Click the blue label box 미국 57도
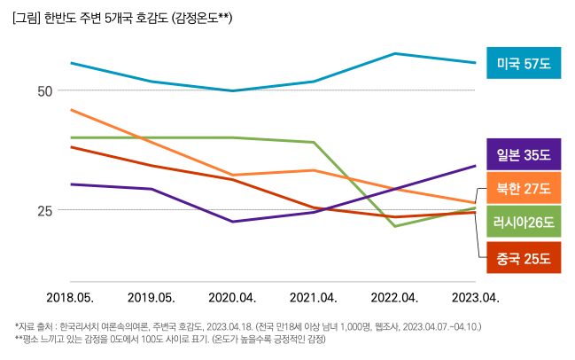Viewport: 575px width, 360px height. point(524,64)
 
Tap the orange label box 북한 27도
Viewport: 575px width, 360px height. point(524,189)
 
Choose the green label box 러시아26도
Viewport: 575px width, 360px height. point(524,223)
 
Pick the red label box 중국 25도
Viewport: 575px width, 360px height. point(524,259)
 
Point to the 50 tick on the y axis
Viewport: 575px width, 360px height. point(45,90)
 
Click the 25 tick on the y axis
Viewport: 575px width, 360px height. point(45,210)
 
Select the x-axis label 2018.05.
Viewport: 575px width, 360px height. point(70,297)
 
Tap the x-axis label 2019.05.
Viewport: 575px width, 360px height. point(152,297)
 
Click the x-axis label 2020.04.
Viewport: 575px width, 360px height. point(232,297)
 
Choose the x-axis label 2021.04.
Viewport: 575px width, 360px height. point(314,297)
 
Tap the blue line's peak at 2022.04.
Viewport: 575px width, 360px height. point(395,53)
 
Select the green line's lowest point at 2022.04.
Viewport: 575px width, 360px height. point(395,226)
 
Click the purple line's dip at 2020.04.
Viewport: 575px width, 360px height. point(232,222)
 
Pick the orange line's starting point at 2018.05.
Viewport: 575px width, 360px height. point(70,109)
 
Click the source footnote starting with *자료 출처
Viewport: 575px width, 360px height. point(248,326)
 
